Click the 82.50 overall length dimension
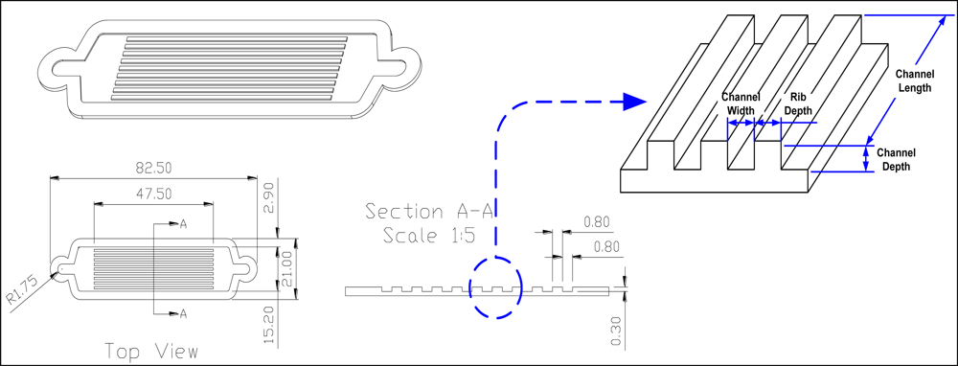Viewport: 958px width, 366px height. click(x=152, y=168)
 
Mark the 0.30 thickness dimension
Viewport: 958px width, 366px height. click(x=615, y=331)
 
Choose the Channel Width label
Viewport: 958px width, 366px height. click(x=739, y=104)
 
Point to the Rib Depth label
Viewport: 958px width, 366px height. click(x=800, y=104)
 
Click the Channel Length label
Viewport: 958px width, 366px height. click(x=914, y=81)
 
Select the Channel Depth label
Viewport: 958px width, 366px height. click(x=896, y=159)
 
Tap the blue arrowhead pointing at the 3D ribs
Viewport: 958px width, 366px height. click(x=633, y=101)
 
